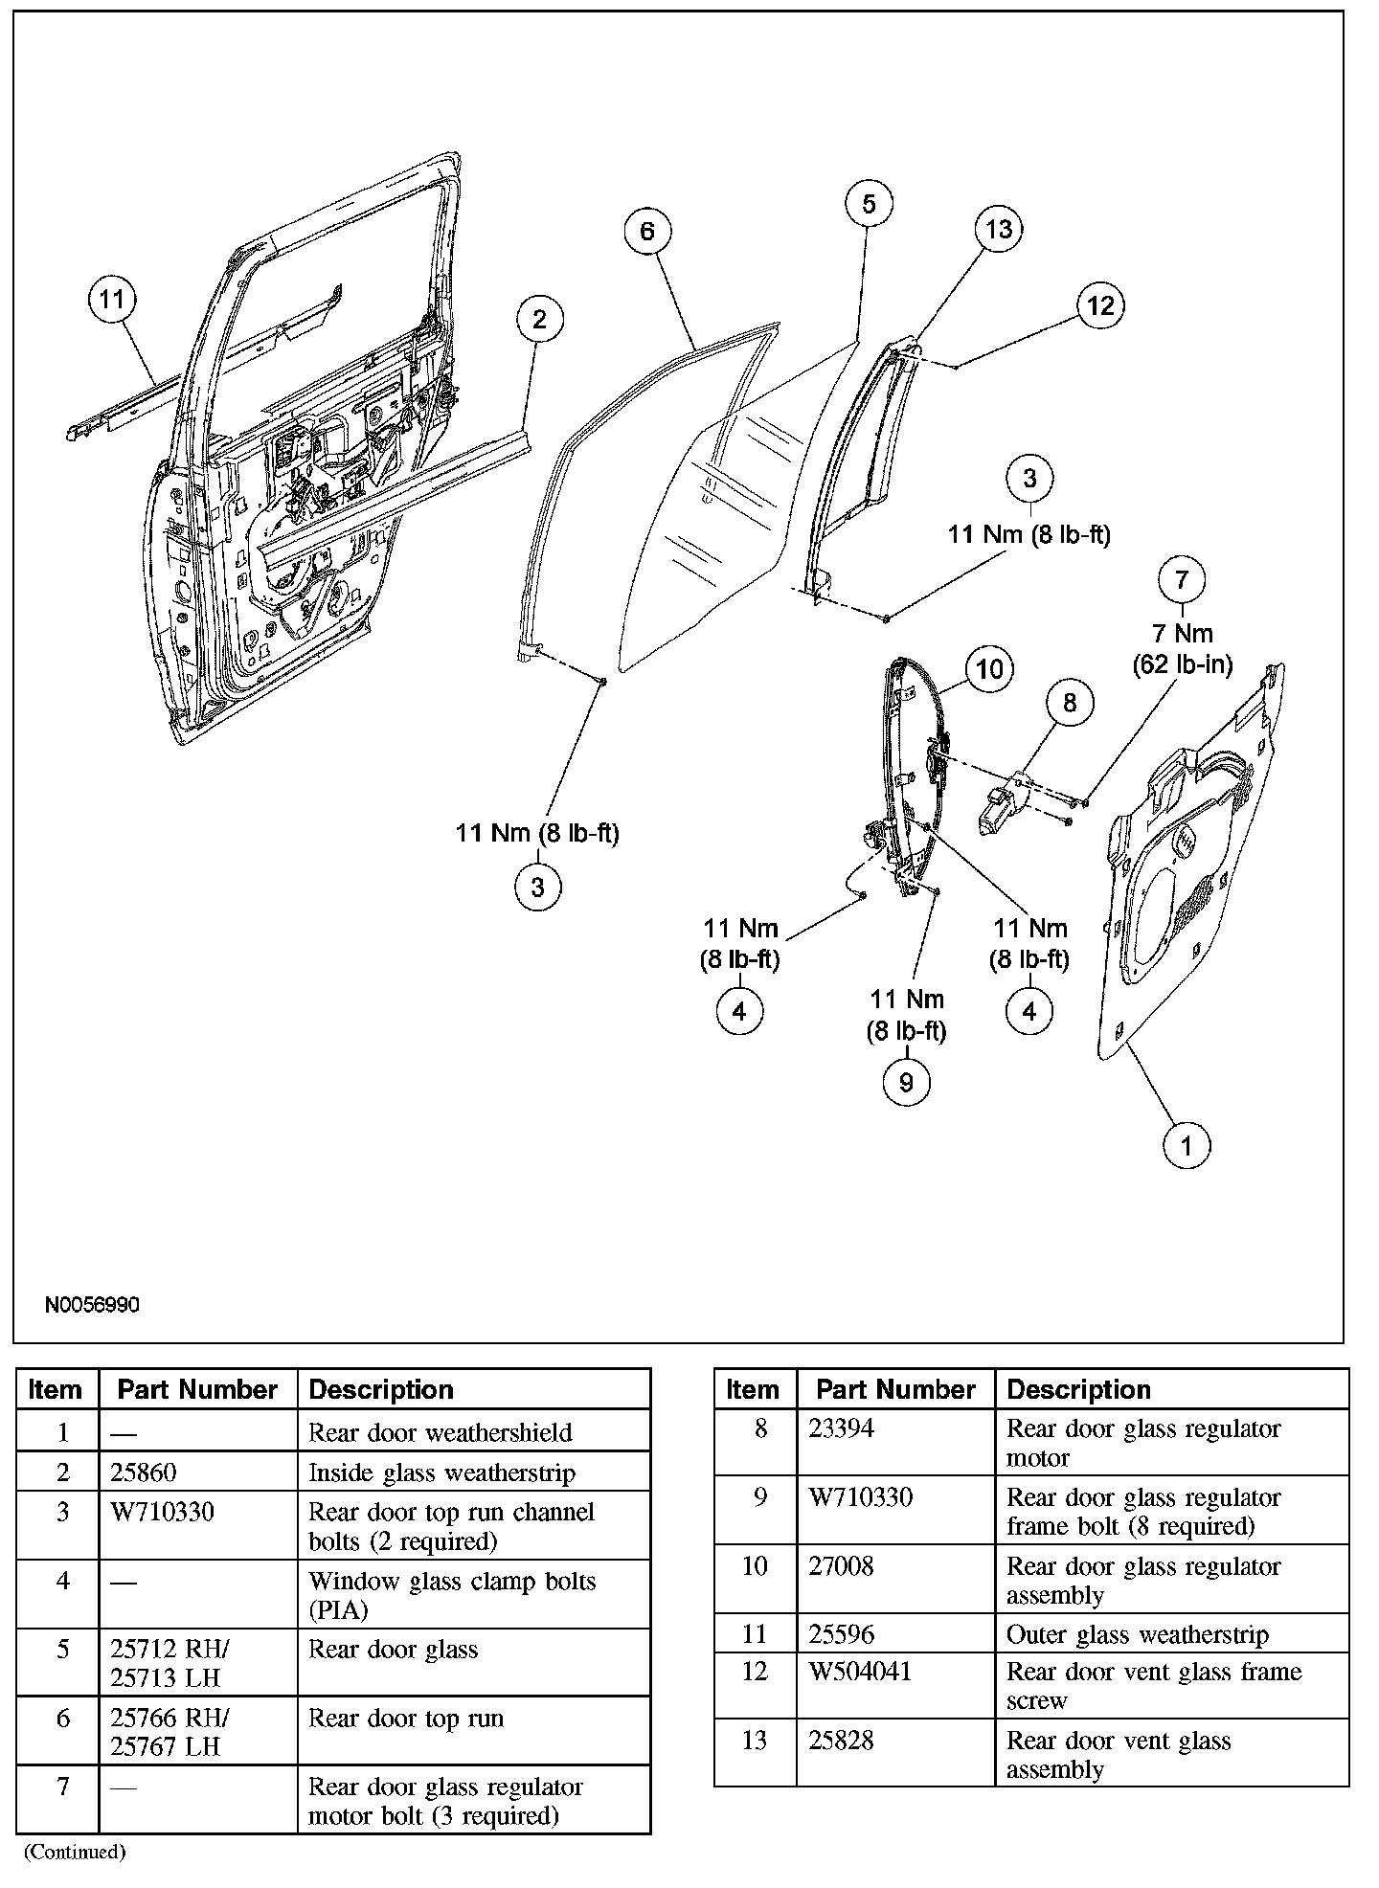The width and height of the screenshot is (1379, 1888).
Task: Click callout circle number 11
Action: point(112,300)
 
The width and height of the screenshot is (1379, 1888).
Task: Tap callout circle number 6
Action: point(647,232)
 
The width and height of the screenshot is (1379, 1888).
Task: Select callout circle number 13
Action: point(999,230)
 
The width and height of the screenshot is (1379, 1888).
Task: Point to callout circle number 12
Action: point(1100,305)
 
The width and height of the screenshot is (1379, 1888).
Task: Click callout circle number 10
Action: point(989,667)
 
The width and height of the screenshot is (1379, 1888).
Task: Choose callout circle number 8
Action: point(1070,703)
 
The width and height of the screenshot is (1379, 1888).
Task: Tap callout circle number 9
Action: point(906,1082)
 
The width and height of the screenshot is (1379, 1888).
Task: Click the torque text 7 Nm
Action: point(1182,634)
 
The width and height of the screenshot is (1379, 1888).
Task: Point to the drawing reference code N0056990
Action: point(92,1305)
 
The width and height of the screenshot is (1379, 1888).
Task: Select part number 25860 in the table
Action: point(144,1472)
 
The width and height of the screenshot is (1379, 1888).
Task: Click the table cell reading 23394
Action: point(841,1428)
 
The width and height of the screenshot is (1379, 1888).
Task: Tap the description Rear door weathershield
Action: point(440,1432)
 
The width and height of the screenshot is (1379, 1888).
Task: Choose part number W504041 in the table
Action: point(861,1672)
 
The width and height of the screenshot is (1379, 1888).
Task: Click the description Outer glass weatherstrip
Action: point(1137,1635)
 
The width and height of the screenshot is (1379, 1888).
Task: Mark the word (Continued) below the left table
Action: point(75,1852)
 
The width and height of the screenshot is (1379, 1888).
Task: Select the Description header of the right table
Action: point(1077,1389)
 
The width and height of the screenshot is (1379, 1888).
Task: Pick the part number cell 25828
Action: point(841,1741)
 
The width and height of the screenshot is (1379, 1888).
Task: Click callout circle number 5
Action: point(869,204)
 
